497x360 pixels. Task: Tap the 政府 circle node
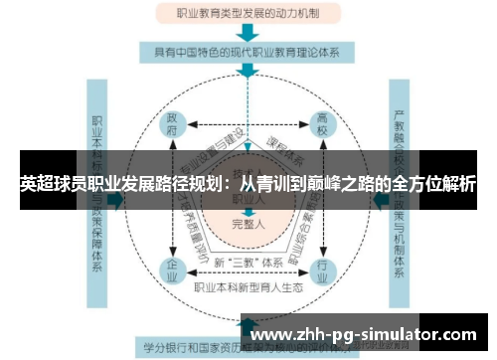[172, 130]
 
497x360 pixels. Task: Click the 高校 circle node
[322, 130]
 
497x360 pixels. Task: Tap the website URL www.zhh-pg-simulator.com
[365, 334]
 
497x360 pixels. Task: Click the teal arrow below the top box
[247, 33]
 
